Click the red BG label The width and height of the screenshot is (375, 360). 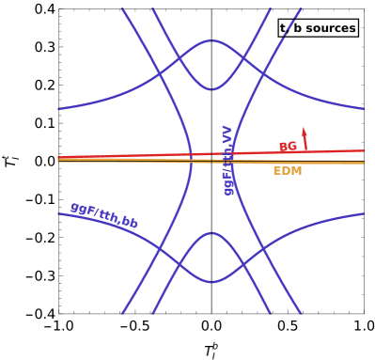(x=288, y=147)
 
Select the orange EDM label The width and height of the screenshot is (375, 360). (x=287, y=171)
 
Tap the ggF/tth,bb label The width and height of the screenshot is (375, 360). (x=104, y=215)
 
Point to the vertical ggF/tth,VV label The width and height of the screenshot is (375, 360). (x=227, y=160)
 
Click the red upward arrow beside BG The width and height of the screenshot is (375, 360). (x=304, y=138)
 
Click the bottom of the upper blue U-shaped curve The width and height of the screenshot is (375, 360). (x=211, y=91)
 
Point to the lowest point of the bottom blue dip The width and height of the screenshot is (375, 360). (x=211, y=282)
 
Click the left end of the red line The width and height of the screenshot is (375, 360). (x=58, y=157)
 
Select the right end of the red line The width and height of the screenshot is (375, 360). (x=364, y=150)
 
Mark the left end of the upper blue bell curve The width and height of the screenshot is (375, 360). (x=58, y=109)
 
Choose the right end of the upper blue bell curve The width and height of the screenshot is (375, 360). (x=364, y=109)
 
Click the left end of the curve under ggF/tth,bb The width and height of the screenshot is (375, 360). (x=58, y=213)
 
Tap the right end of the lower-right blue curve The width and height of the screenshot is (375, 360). (x=364, y=213)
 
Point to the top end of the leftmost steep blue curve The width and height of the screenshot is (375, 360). (x=122, y=8)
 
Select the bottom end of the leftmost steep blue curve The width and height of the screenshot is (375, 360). (x=122, y=313)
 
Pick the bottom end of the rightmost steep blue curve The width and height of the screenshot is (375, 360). (x=301, y=313)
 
